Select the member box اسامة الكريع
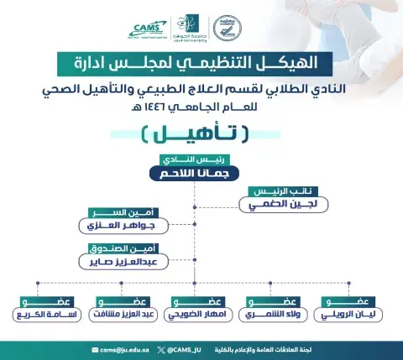coord(43,315)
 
